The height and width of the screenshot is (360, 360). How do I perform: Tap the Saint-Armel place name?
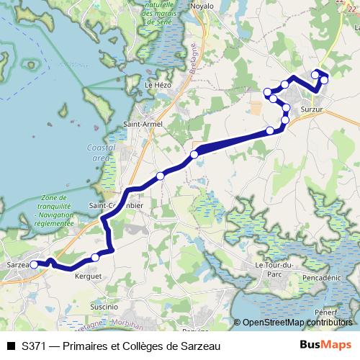143,125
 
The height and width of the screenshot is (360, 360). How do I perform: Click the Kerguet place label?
89,276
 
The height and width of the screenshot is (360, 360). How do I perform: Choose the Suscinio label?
104,307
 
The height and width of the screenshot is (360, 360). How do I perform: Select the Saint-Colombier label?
116,205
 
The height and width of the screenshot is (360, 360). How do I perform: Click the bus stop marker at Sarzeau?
34,265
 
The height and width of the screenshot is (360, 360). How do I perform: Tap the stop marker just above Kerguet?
95,258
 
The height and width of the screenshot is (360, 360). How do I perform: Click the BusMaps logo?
325,345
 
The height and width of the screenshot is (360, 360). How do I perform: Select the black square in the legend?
10,346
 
